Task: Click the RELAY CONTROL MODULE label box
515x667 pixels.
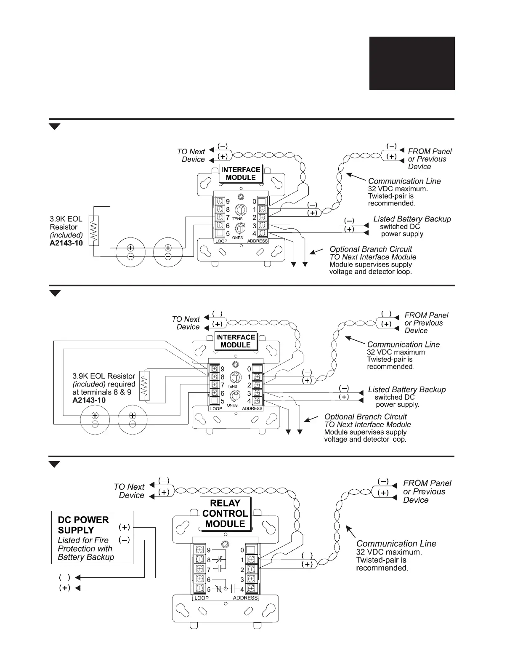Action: point(225,513)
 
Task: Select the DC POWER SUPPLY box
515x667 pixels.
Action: point(92,537)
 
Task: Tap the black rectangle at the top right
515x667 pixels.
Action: point(412,63)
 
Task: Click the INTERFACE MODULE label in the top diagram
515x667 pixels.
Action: point(241,173)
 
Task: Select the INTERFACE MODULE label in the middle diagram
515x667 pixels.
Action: point(236,341)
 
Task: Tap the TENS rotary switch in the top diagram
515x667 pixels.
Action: point(240,209)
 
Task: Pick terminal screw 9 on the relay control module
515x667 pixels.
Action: point(200,550)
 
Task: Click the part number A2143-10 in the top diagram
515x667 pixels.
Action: point(66,243)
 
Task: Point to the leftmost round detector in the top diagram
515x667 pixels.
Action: point(130,252)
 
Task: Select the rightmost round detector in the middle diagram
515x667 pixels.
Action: point(133,419)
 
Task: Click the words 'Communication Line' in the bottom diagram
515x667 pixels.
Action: point(396,543)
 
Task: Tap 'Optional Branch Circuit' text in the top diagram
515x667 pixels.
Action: point(371,249)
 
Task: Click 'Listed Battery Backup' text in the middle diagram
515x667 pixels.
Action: point(406,390)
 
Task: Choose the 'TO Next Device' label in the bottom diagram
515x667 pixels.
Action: point(129,491)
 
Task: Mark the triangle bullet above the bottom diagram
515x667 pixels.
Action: point(55,464)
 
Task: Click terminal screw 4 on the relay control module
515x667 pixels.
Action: point(251,589)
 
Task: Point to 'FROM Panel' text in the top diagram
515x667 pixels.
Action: point(430,151)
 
